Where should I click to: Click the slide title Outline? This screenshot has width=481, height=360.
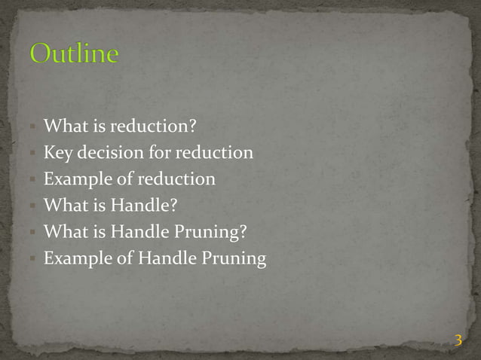[75, 54]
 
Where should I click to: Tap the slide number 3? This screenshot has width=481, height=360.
[458, 341]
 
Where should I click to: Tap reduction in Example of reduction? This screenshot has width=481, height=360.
[178, 180]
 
